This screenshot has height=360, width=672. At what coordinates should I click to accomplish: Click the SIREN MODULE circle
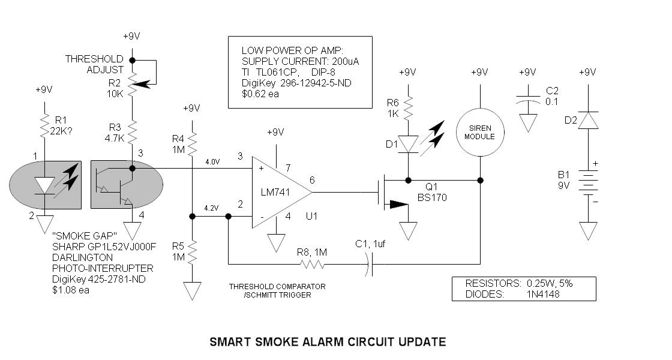tap(479, 132)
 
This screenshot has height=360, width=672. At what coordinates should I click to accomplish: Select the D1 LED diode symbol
tap(409, 144)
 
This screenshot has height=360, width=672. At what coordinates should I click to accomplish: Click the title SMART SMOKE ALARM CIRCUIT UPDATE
tap(328, 342)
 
